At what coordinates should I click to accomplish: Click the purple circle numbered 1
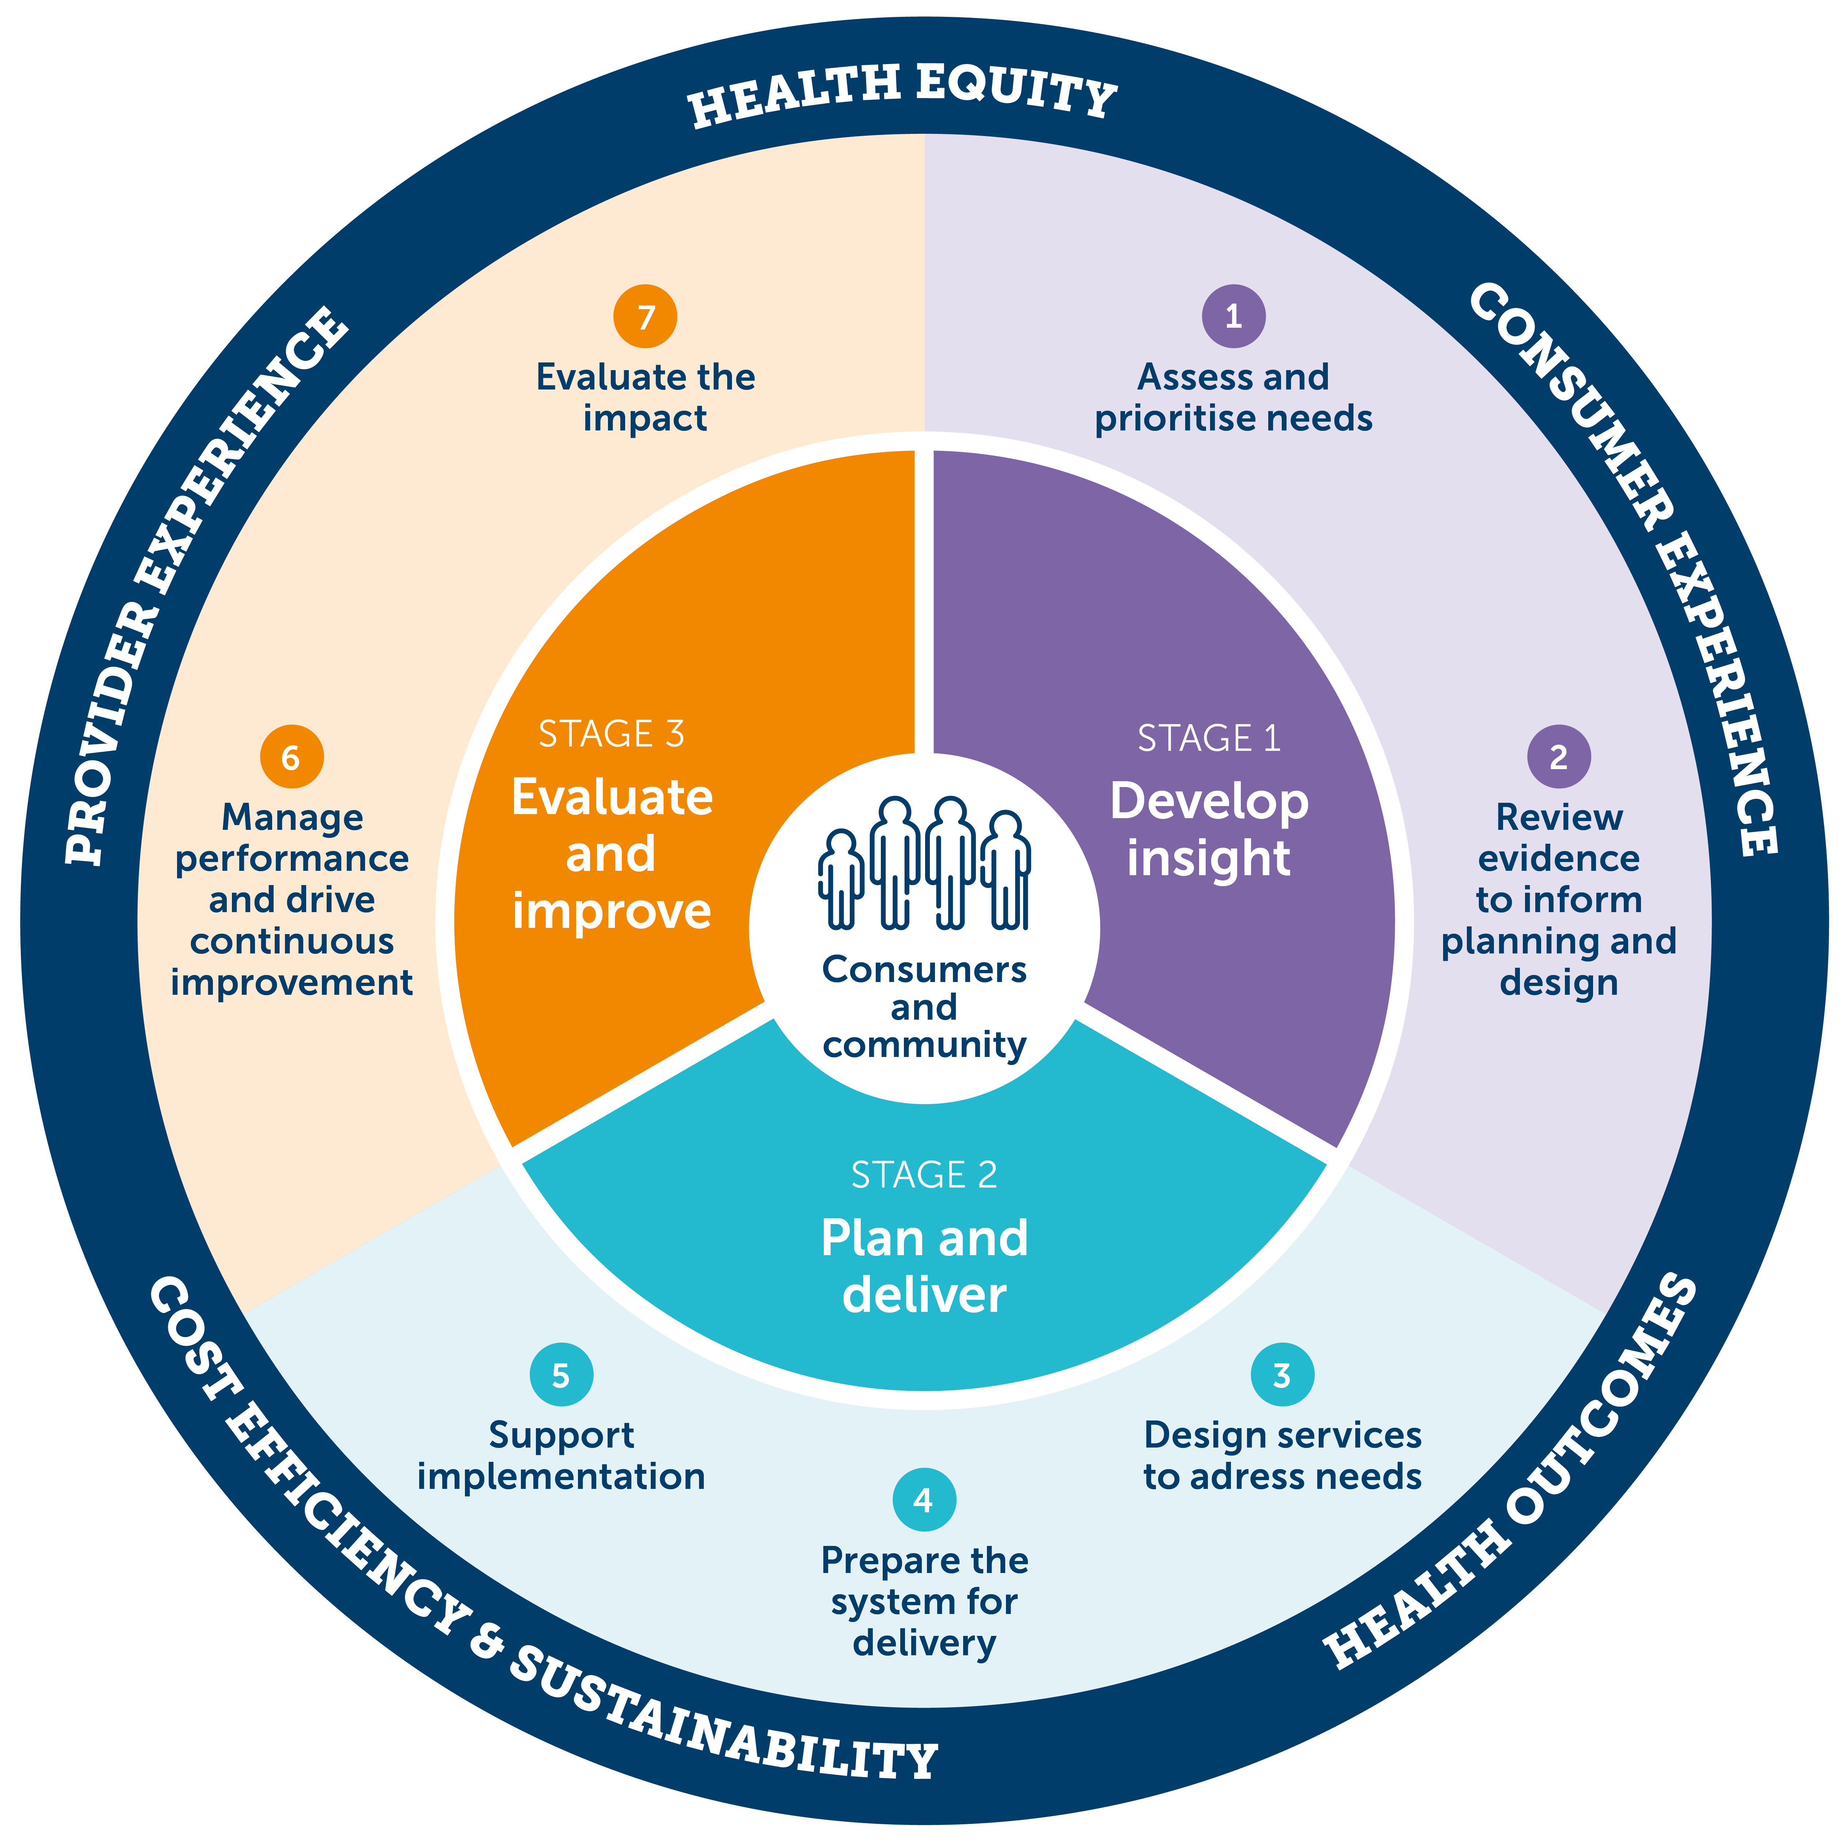[x=1233, y=316]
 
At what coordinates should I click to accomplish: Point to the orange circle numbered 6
[x=291, y=757]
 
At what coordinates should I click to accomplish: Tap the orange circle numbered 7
[x=645, y=316]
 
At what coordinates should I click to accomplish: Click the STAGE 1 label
[x=1208, y=738]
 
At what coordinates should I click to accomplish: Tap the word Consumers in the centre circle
[x=924, y=970]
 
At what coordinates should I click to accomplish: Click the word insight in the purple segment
[x=1208, y=857]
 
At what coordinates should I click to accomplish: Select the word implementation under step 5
[x=561, y=1476]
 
